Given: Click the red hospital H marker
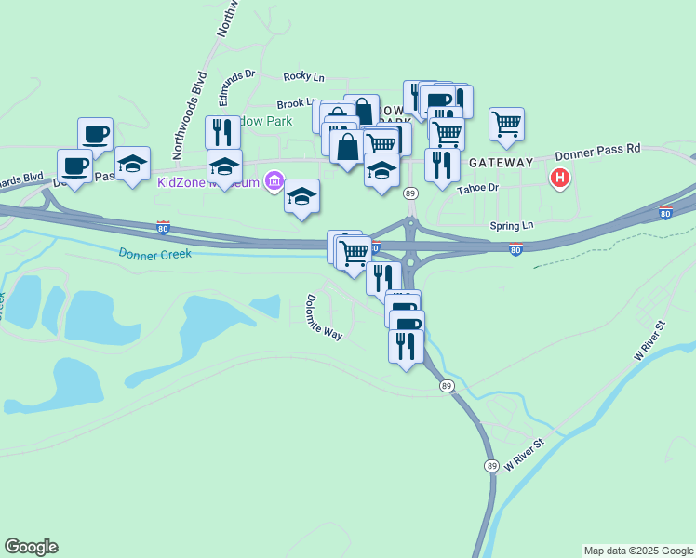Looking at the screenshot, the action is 559,178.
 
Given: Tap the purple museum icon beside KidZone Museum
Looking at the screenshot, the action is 274,180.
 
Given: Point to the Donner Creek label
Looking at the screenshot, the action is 154,253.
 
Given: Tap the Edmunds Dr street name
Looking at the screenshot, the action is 235,85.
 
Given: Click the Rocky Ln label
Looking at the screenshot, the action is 304,76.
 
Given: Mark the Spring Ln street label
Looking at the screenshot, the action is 514,226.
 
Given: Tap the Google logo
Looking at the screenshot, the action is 31,547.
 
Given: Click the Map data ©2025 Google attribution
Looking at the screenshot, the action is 637,551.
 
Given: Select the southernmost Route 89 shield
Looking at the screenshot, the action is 490,465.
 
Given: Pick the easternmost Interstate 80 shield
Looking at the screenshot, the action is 665,213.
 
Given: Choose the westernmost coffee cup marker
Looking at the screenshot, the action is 74,167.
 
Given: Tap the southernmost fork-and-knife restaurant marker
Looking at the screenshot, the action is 406,347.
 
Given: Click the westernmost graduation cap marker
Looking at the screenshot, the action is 133,164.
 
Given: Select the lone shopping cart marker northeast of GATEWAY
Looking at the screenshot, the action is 506,125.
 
